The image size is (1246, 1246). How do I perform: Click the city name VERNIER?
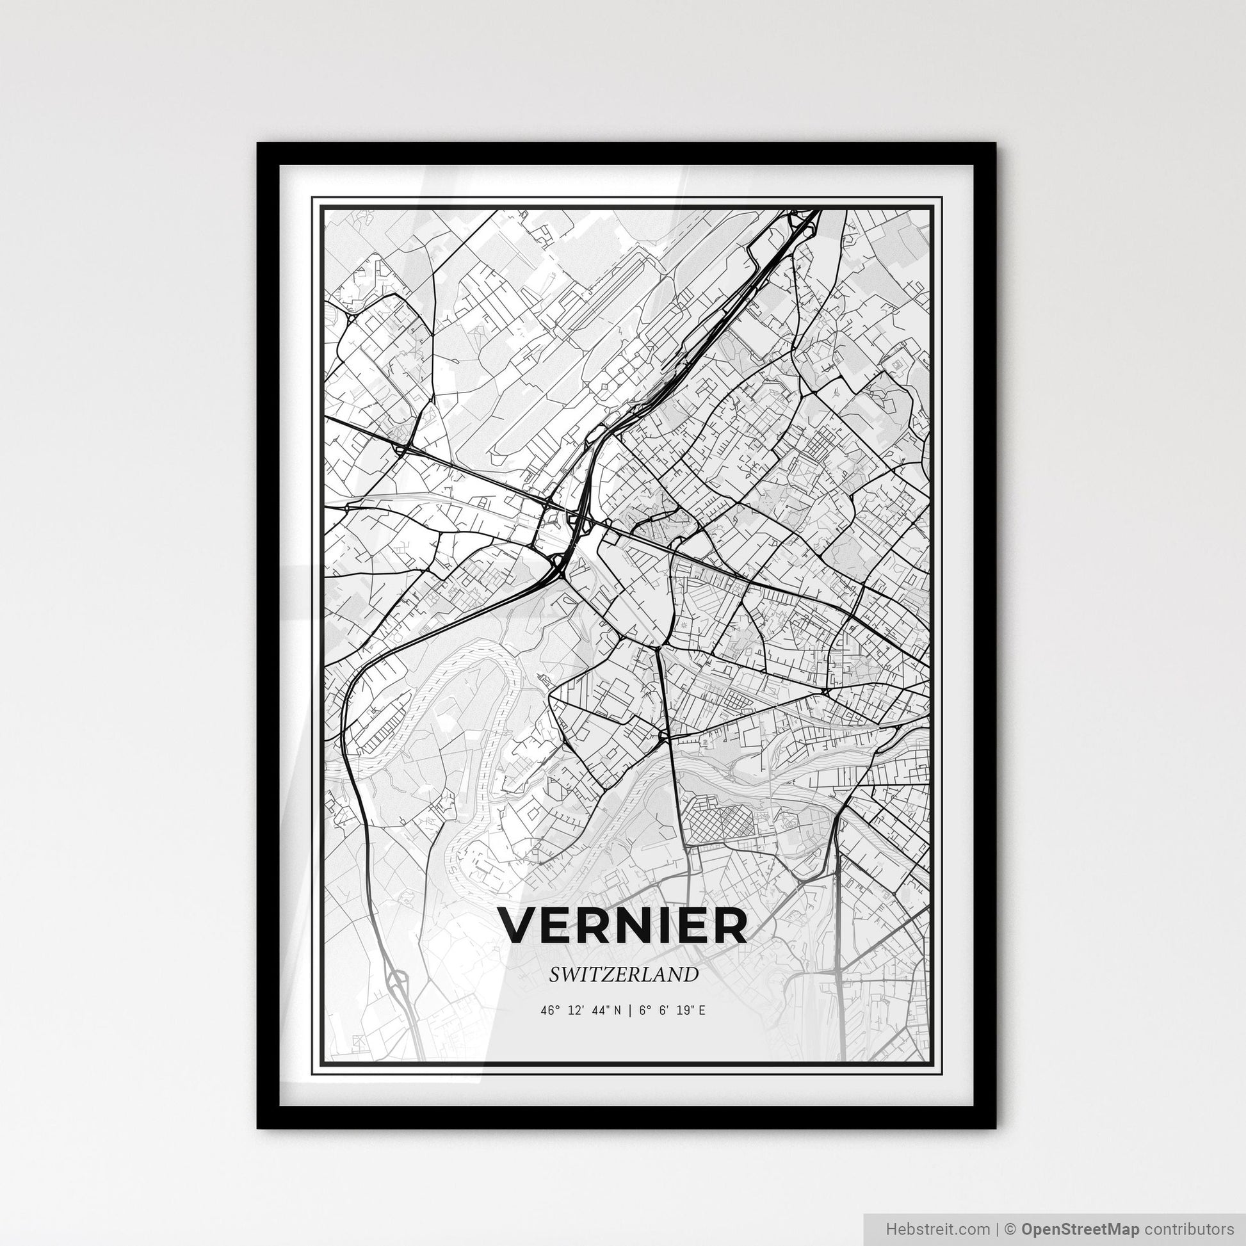coord(623,926)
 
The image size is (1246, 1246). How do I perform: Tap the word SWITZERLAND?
coord(623,975)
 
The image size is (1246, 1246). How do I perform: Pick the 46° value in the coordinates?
coord(548,1010)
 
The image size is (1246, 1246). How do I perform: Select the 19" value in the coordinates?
coord(684,1010)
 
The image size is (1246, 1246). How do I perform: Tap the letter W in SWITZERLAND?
coord(570,975)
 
